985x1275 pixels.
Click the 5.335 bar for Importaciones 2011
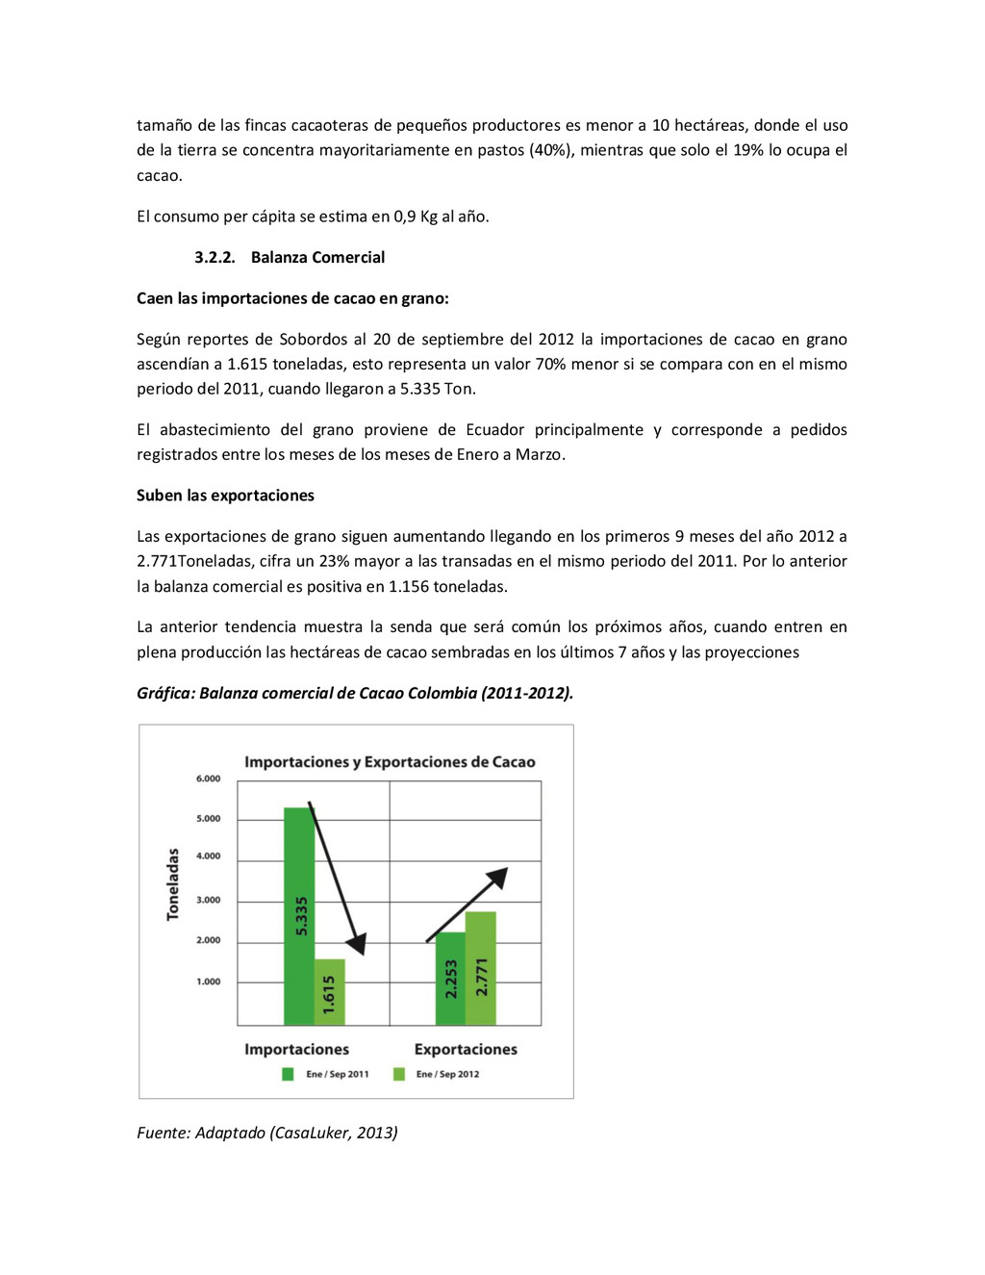click(x=299, y=914)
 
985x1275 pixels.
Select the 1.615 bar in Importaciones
click(x=330, y=992)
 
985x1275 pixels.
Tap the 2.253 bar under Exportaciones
click(x=450, y=979)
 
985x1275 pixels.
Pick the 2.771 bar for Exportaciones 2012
click(x=481, y=968)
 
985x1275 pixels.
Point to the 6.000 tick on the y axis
click(x=209, y=778)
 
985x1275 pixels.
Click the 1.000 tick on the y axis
click(x=209, y=982)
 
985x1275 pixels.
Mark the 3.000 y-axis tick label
click(x=209, y=900)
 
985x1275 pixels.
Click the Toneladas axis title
click(x=173, y=884)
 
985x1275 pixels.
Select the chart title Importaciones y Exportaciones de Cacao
click(x=390, y=762)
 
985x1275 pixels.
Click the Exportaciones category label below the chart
click(x=466, y=1049)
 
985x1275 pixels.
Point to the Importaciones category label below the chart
click(x=296, y=1049)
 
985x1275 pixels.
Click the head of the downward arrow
click(x=358, y=944)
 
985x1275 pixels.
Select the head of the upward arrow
click(x=497, y=877)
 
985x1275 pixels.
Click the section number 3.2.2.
click(x=215, y=257)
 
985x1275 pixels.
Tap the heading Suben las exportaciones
click(x=225, y=496)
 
